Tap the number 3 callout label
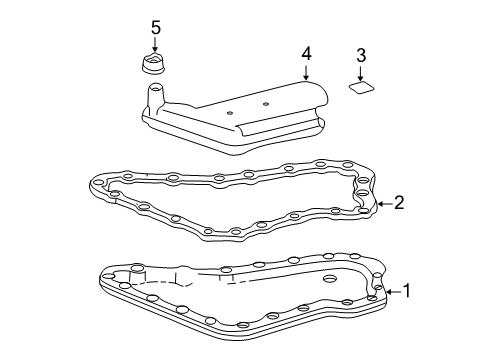360,57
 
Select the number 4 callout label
308,51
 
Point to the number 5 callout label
155,26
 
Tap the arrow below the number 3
360,73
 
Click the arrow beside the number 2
384,205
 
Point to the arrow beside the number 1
391,293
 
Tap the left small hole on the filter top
229,114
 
